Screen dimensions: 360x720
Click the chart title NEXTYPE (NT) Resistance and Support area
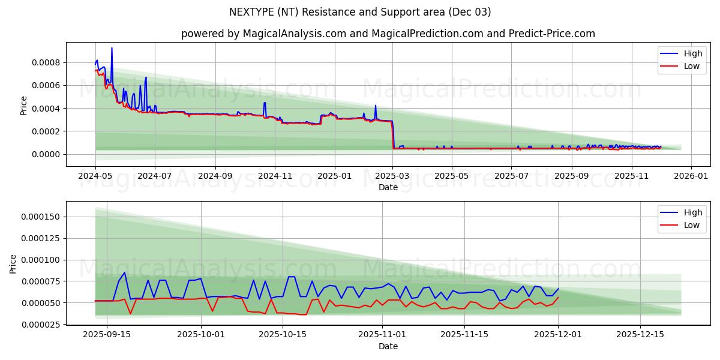[x=360, y=12]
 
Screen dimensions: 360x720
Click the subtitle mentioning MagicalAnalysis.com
[x=388, y=34]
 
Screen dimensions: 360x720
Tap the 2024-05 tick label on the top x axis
[x=95, y=176]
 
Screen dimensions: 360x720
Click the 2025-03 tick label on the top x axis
[x=393, y=176]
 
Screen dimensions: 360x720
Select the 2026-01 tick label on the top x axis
[x=691, y=176]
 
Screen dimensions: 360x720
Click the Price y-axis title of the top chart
[x=24, y=104]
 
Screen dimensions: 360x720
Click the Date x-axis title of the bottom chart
[x=388, y=346]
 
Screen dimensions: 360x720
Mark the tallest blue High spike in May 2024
[x=112, y=48]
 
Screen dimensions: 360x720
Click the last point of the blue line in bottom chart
[x=558, y=289]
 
